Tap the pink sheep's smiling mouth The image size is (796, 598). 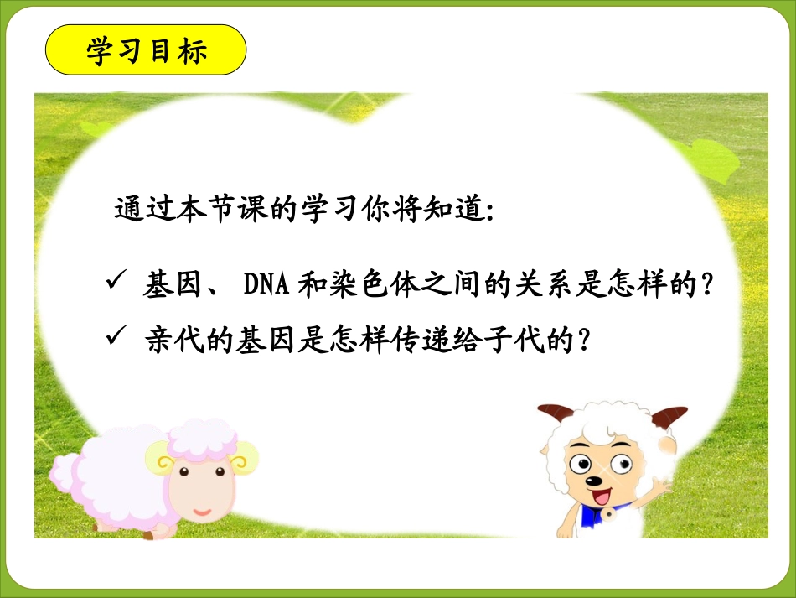pos(202,508)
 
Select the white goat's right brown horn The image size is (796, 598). pos(670,414)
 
